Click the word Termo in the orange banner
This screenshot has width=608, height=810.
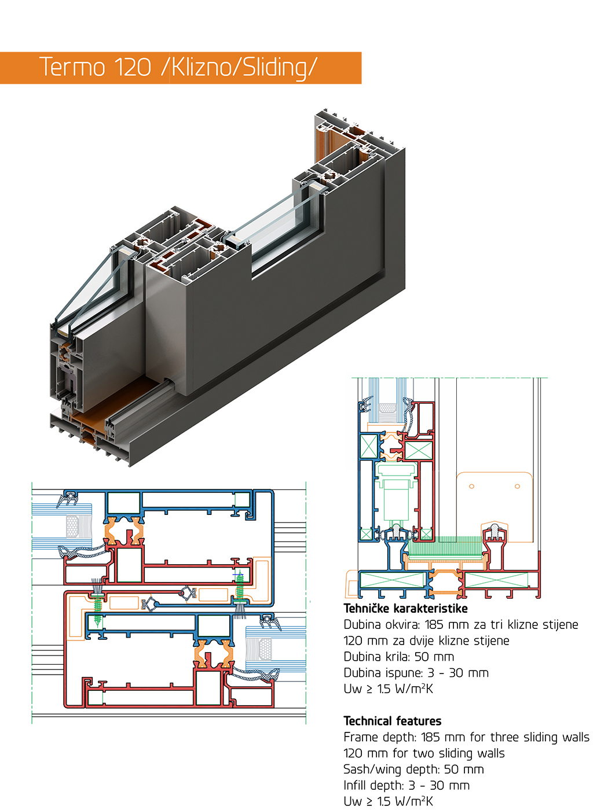[72, 67]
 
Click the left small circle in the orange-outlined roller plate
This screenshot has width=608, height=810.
[471, 486]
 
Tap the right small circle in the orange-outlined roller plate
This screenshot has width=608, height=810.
[517, 486]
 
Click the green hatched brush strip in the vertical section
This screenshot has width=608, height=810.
[445, 546]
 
